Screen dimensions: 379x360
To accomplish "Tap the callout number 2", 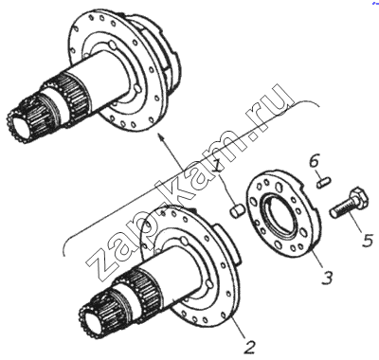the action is (x=249, y=347).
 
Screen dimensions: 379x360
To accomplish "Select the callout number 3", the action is (x=327, y=277).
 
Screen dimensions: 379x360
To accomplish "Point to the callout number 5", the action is (x=368, y=241).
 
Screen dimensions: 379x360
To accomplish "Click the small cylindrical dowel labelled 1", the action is (x=236, y=210).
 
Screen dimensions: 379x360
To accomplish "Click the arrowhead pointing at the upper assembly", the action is (x=161, y=137).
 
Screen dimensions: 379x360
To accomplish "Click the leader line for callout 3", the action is (x=317, y=258).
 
